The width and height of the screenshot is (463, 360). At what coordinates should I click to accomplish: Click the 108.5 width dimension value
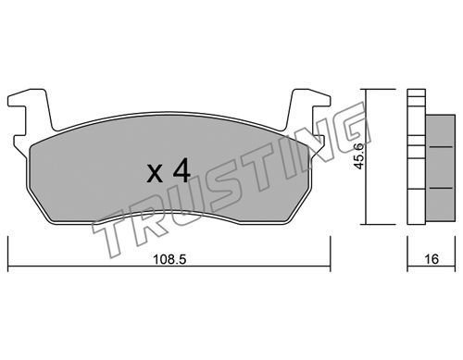tap(169, 260)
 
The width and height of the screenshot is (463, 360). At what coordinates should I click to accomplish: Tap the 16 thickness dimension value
tap(432, 259)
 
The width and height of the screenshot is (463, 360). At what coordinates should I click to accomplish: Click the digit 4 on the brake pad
tap(181, 172)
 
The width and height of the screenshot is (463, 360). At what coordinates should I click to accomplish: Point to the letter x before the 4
tap(155, 174)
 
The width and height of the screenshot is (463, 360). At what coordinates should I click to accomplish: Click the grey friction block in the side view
tap(441, 168)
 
